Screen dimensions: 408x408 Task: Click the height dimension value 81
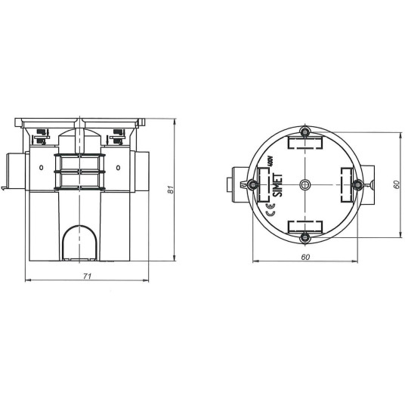coord(172,191)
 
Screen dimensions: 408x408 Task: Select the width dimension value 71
coord(86,276)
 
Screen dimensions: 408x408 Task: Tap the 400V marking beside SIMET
coord(270,162)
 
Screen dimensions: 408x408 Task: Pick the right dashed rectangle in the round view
coord(345,184)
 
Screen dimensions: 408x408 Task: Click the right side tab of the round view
coord(369,184)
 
